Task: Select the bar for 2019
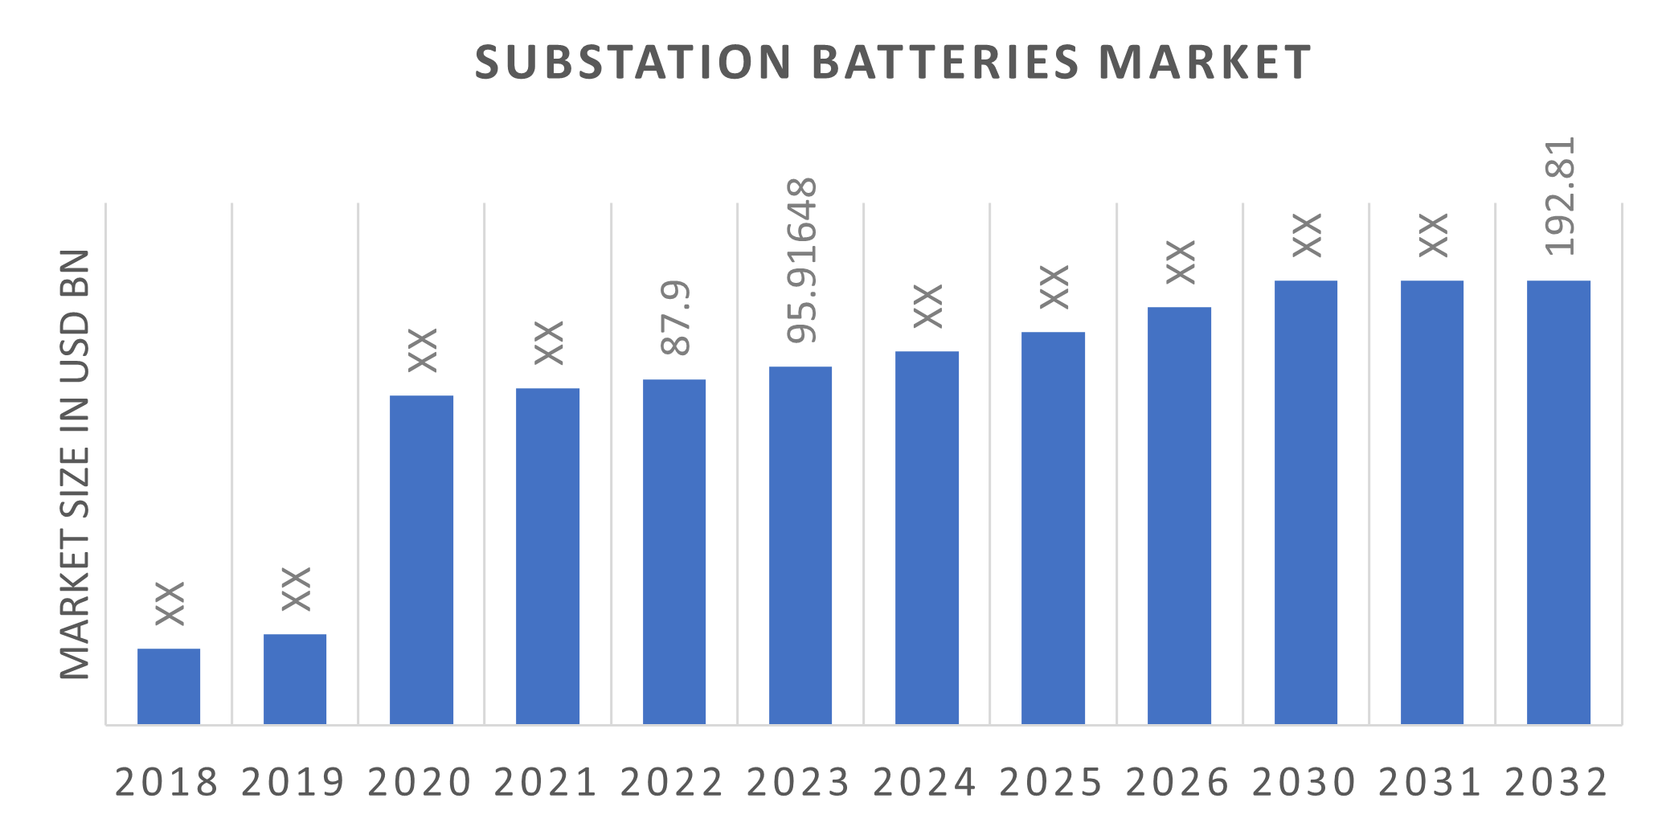pos(295,679)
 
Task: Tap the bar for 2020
pos(421,559)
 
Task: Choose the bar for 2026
pos(1179,515)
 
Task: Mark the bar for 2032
pos(1558,502)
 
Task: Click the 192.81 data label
pos(1560,197)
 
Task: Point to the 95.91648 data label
pos(801,261)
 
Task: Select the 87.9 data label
pos(675,318)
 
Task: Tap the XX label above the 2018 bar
pos(169,603)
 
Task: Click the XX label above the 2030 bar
pos(1306,235)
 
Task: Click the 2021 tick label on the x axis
pos(546,782)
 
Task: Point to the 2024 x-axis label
pos(924,782)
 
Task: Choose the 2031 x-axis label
pos(1430,782)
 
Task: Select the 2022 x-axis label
pos(672,782)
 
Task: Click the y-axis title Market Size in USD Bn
pos(74,465)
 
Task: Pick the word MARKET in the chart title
pos(1205,62)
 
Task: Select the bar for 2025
pos(1053,528)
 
